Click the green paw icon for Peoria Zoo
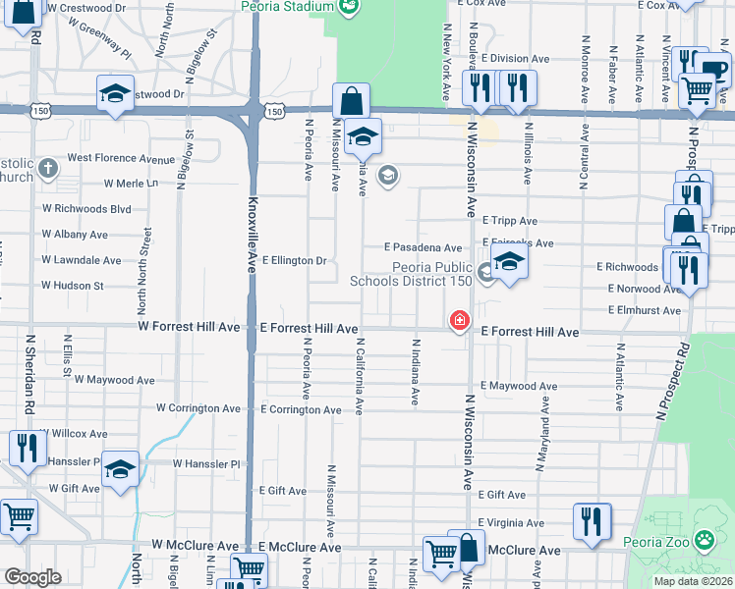(x=705, y=539)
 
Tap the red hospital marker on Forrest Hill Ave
(x=459, y=320)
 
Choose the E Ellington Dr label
(x=294, y=260)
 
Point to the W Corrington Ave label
(x=198, y=408)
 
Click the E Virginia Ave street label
(x=511, y=523)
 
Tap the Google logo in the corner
(x=32, y=577)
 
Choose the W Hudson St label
(x=72, y=286)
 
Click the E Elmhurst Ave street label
(x=645, y=310)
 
